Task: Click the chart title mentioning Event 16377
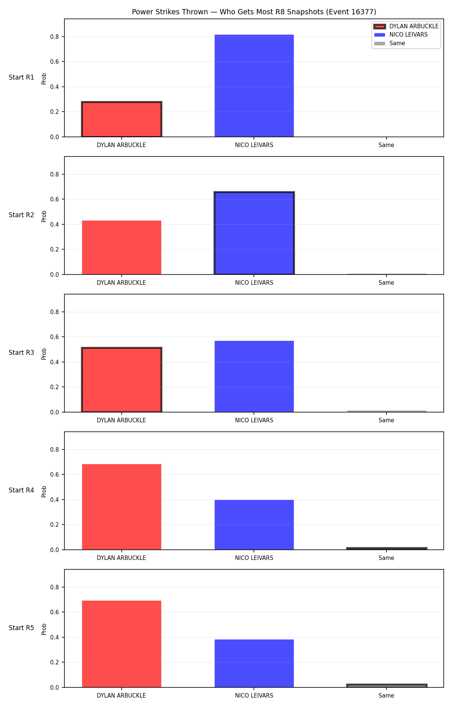click(254, 12)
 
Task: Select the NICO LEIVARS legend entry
click(401, 35)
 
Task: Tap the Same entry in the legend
click(389, 43)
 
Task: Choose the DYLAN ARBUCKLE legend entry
click(406, 26)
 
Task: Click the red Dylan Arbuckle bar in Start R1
click(122, 119)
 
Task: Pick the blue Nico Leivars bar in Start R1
click(254, 86)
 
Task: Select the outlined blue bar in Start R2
click(254, 233)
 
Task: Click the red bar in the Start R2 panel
click(122, 247)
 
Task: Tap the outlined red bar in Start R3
click(122, 380)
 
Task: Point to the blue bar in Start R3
click(254, 376)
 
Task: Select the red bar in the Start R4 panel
click(122, 507)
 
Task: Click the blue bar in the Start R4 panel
click(254, 525)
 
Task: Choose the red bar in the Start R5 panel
click(122, 644)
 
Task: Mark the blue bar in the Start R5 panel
click(254, 663)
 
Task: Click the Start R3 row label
click(21, 353)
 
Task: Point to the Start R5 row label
click(21, 628)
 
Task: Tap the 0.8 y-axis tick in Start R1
click(55, 37)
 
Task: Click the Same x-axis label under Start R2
click(386, 283)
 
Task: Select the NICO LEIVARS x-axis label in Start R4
click(254, 558)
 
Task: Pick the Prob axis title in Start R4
click(44, 491)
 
